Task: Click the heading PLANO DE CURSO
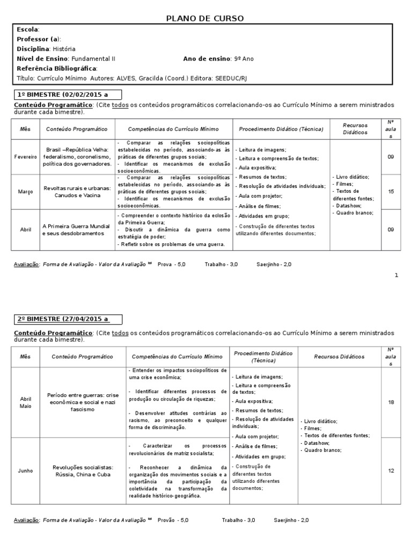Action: pyautogui.click(x=206, y=18)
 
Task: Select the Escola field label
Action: pyautogui.click(x=27, y=30)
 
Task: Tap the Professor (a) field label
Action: pyautogui.click(x=39, y=39)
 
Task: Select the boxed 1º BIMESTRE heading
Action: pyautogui.click(x=66, y=94)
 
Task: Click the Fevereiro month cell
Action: pyautogui.click(x=26, y=156)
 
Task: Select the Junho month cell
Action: pyautogui.click(x=26, y=471)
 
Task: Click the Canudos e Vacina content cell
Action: pyautogui.click(x=77, y=192)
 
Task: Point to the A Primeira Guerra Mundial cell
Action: pyautogui.click(x=77, y=230)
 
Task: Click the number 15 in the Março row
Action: pyautogui.click(x=391, y=192)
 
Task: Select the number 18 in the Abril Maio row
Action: pyautogui.click(x=391, y=402)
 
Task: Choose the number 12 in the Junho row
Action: pyautogui.click(x=391, y=471)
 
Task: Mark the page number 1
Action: pyautogui.click(x=396, y=276)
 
